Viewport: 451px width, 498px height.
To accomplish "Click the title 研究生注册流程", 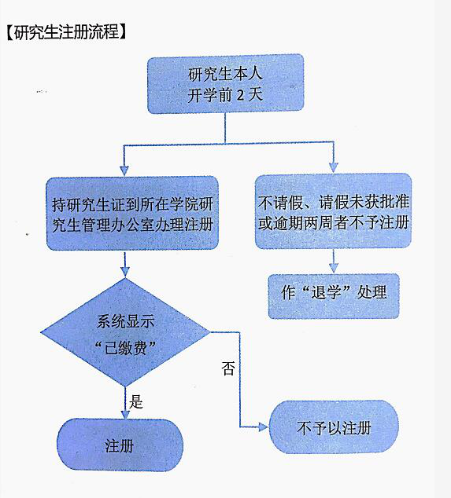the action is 66,31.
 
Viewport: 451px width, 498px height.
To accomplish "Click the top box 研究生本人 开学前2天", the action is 225,84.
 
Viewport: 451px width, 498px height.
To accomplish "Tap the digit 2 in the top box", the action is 240,95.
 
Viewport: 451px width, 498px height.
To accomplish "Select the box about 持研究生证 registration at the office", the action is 132,214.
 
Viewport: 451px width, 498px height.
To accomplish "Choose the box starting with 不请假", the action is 333,211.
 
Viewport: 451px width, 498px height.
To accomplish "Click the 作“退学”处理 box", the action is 334,296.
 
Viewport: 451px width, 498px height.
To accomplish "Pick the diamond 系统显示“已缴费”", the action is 125,332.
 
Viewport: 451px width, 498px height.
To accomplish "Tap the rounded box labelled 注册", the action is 120,445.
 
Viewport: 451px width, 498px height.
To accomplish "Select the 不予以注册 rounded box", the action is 334,427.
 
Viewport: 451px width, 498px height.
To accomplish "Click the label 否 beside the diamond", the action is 228,368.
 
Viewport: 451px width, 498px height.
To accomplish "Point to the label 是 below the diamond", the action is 136,401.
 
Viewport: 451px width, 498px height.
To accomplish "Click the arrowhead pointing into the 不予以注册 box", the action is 264,427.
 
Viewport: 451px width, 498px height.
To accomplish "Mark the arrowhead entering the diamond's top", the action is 125,273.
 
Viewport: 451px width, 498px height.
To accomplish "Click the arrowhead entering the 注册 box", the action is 125,414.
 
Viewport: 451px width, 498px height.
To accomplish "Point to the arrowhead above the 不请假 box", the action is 333,167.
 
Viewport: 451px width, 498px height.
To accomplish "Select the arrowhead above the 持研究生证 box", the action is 124,171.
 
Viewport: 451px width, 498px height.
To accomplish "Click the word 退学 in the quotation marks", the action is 326,292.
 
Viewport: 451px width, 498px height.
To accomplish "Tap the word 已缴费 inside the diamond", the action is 125,349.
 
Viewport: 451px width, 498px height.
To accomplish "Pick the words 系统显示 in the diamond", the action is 125,321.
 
